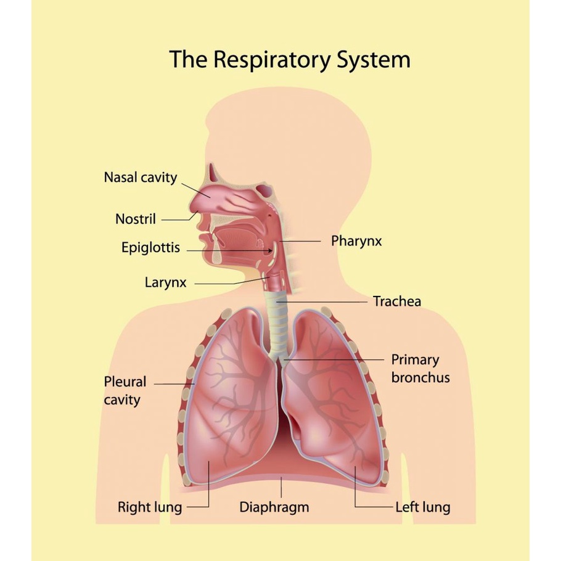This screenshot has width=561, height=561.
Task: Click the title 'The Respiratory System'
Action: coord(289,60)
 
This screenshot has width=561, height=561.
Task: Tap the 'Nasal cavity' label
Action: coord(140,178)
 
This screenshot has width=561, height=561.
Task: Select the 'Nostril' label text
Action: coord(136,218)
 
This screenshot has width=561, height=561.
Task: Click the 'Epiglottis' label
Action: coord(150,248)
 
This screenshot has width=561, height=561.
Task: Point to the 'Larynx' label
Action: coord(165,283)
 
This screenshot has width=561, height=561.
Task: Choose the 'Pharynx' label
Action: coord(356,240)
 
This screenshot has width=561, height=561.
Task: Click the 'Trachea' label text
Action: coord(397,301)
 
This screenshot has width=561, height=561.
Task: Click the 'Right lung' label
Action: coord(150,507)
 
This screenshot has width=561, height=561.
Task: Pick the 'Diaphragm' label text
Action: coord(274,507)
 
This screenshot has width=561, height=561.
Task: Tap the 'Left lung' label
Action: coord(422,507)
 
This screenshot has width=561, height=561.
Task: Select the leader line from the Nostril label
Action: coord(179,219)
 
